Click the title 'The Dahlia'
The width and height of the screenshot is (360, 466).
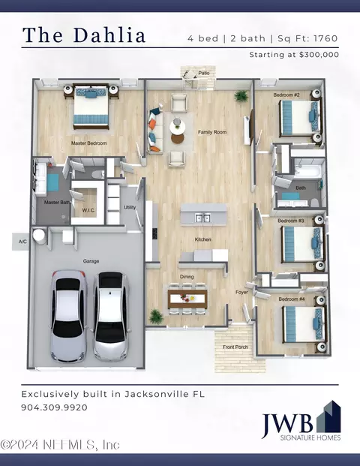click(84, 35)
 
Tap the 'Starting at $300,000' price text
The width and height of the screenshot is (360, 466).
click(294, 55)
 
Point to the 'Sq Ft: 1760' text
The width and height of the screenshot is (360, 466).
click(307, 38)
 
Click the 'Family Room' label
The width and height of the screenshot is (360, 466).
click(212, 132)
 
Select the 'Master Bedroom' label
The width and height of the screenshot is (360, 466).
click(88, 143)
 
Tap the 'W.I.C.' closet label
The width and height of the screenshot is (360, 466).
click(88, 210)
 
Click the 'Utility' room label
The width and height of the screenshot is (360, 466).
click(130, 207)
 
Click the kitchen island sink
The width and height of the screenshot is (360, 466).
click(202, 218)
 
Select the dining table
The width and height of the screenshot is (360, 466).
click(187, 299)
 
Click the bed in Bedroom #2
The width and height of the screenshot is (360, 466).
click(301, 119)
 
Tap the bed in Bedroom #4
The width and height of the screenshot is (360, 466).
click(303, 324)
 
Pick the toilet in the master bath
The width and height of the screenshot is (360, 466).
click(97, 174)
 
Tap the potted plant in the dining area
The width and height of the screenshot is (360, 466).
click(156, 317)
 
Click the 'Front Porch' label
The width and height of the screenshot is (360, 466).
click(235, 347)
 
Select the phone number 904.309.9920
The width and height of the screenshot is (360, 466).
click(54, 407)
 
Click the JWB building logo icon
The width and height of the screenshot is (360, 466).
click(328, 417)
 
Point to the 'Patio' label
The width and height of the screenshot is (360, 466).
click(204, 73)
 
